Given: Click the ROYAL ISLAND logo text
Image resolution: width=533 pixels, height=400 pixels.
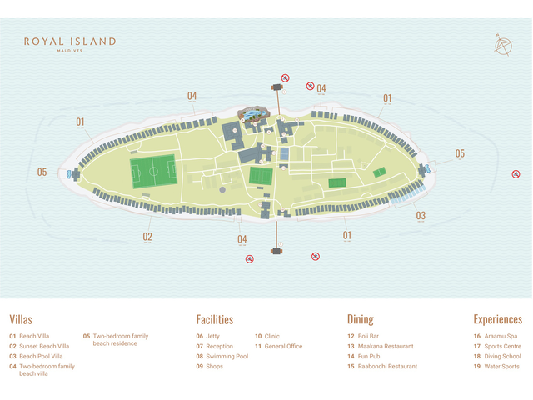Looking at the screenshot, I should [x=70, y=41].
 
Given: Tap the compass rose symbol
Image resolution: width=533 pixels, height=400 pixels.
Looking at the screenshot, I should [x=503, y=47].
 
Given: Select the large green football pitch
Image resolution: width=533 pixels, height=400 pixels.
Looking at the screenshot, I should [x=153, y=172].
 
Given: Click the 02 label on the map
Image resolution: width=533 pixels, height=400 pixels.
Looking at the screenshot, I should [x=147, y=237].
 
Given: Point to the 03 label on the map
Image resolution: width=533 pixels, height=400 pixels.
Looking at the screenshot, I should [x=421, y=216].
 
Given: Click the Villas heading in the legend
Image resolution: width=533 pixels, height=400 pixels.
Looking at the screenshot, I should [x=22, y=319].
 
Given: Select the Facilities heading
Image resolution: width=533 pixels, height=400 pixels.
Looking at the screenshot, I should [x=215, y=319].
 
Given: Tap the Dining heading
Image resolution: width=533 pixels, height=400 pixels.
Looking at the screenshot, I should [x=360, y=319].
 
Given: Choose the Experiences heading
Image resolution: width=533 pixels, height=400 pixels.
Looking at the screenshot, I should [x=497, y=319].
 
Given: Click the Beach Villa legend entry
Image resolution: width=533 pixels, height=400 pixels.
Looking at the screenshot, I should [x=34, y=336].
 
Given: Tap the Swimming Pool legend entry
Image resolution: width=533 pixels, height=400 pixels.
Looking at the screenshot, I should [x=227, y=356].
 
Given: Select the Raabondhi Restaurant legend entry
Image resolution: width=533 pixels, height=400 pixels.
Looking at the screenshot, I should [x=387, y=366].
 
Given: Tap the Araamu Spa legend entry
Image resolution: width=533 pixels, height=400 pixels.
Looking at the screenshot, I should [x=501, y=336].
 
